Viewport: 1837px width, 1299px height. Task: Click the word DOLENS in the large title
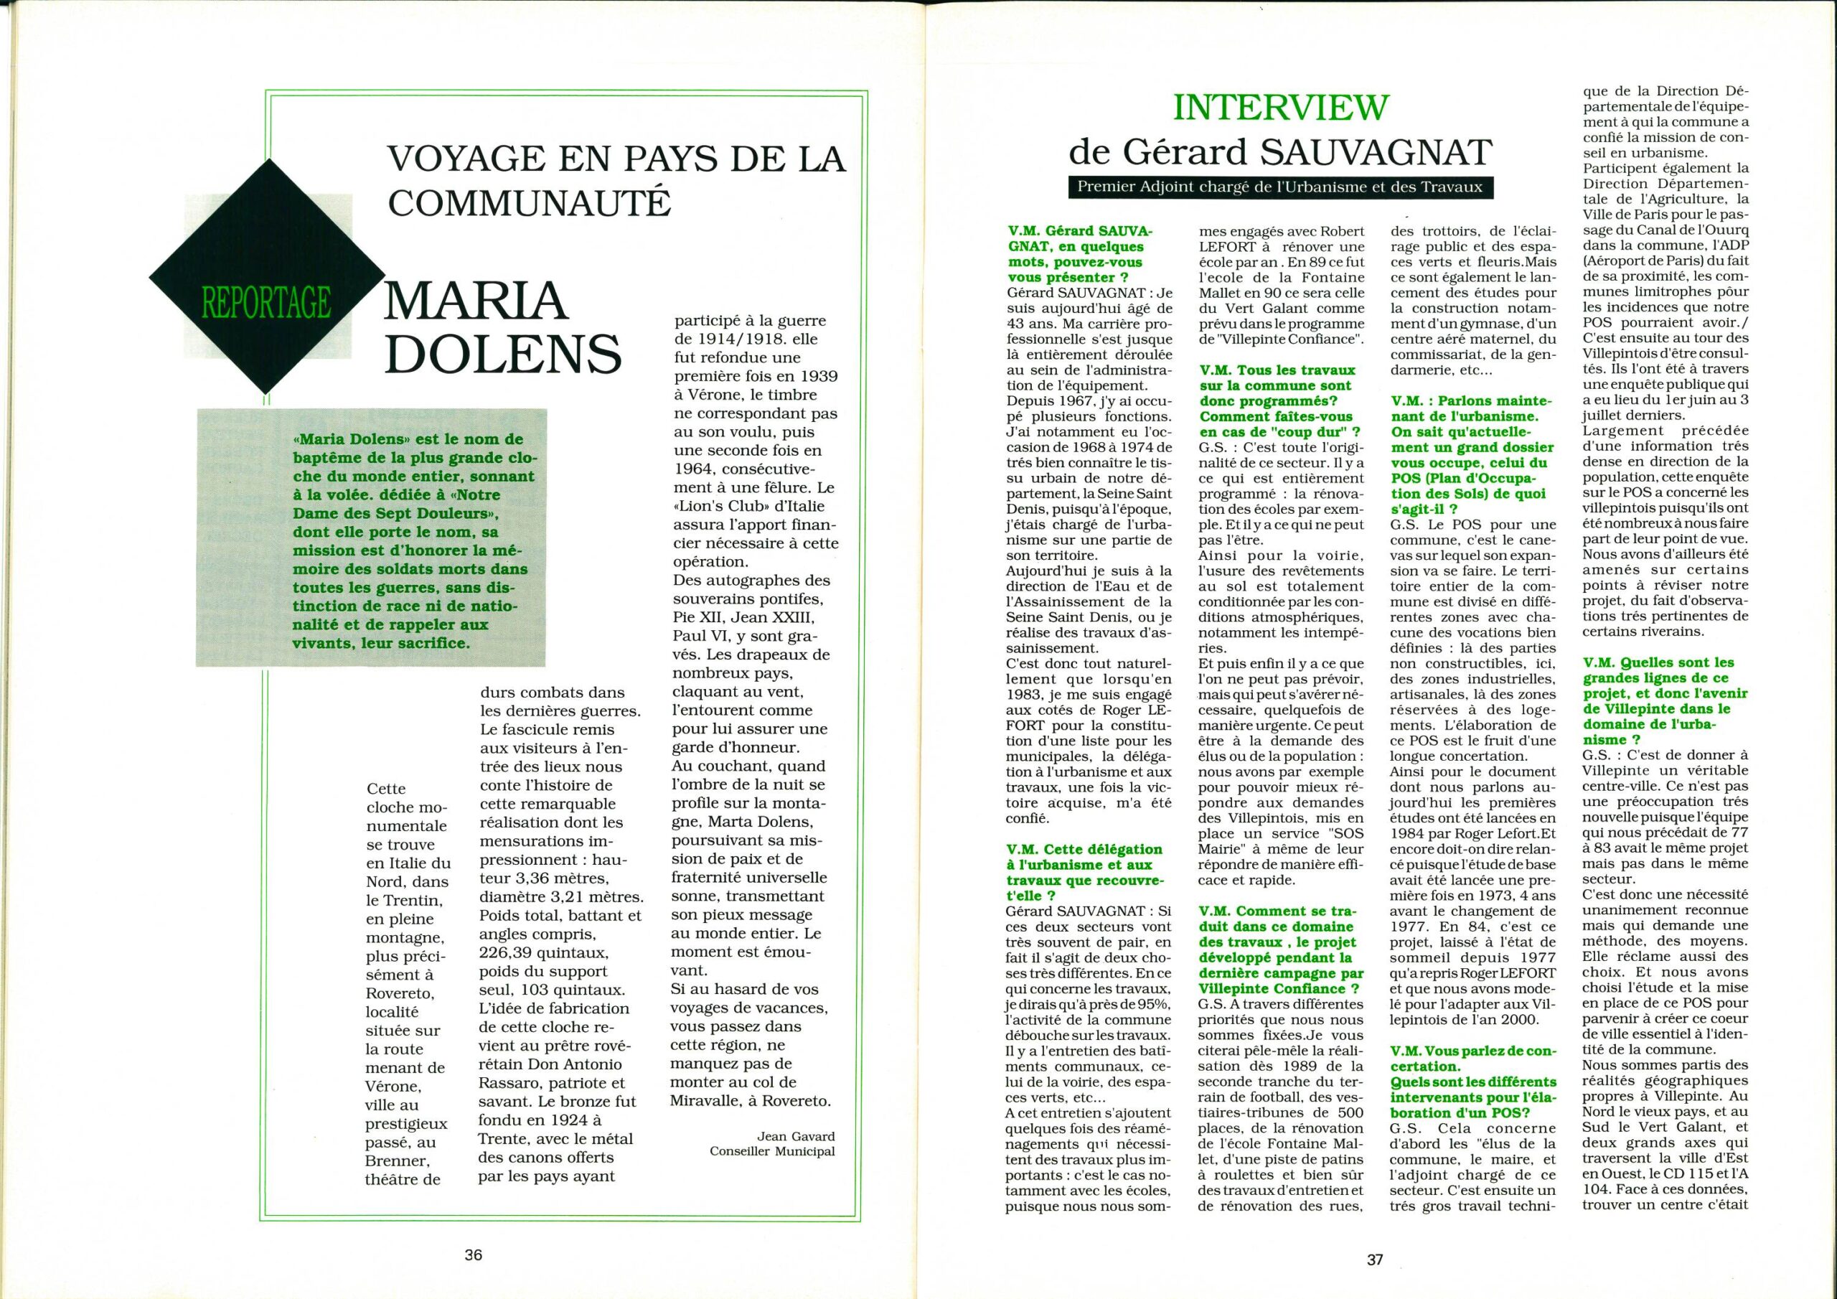click(x=504, y=353)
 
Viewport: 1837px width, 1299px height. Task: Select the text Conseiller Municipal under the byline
click(x=772, y=1152)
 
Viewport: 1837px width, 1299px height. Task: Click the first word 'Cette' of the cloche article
click(x=387, y=787)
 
